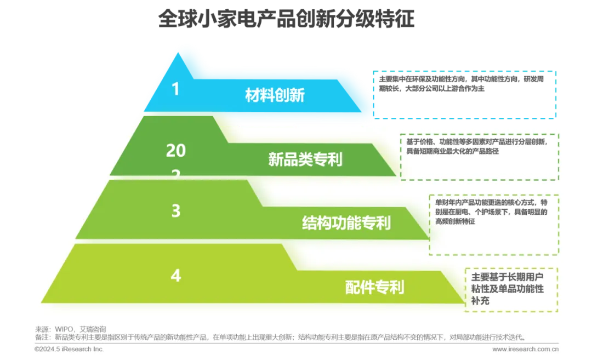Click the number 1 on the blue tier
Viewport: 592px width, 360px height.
click(175, 89)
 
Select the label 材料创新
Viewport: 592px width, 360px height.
click(275, 95)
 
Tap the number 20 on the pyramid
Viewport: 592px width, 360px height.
click(176, 150)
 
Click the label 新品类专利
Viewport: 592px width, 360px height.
click(305, 159)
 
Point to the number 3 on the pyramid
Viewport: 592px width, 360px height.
click(175, 211)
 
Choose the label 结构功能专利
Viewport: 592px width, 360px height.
click(346, 223)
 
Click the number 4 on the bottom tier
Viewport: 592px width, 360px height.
click(175, 275)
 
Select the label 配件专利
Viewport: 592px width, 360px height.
click(374, 287)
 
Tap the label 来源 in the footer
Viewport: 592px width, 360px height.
click(42, 329)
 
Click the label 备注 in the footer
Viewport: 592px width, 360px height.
click(42, 338)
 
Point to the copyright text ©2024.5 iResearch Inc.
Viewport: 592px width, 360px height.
click(69, 349)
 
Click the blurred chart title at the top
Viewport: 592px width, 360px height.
click(287, 19)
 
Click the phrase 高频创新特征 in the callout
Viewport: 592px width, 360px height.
click(456, 221)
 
